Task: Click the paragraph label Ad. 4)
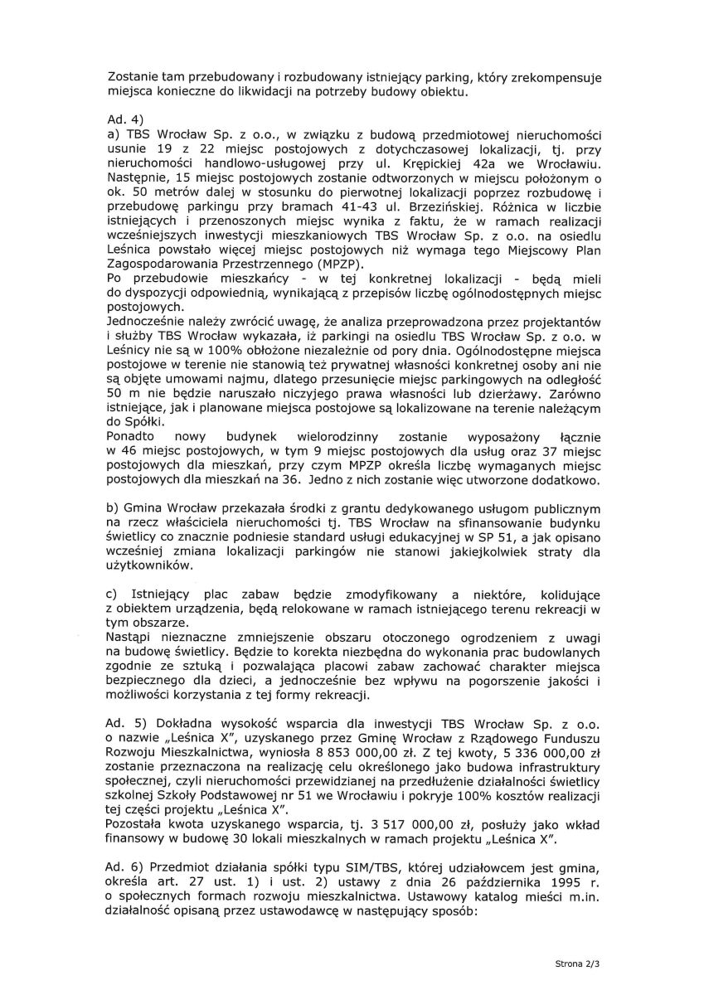(x=125, y=119)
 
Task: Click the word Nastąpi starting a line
(x=133, y=638)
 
